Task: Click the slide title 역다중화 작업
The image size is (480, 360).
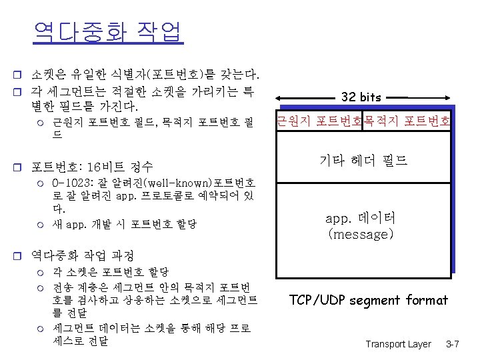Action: coord(107,31)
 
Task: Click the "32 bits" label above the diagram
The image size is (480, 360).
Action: coord(361,97)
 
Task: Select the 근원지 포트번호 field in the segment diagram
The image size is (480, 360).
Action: coord(319,121)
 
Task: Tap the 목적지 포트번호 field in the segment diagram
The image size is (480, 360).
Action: coord(407,121)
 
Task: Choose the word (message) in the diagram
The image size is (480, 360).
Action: coord(361,235)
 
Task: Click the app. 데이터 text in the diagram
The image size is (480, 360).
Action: coord(361,217)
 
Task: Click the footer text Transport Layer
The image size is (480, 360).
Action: coord(398,344)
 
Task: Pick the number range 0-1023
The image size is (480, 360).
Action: coord(68,183)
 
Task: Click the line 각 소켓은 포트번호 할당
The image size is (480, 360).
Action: coord(110,272)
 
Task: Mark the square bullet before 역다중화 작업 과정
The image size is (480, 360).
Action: coord(20,255)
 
